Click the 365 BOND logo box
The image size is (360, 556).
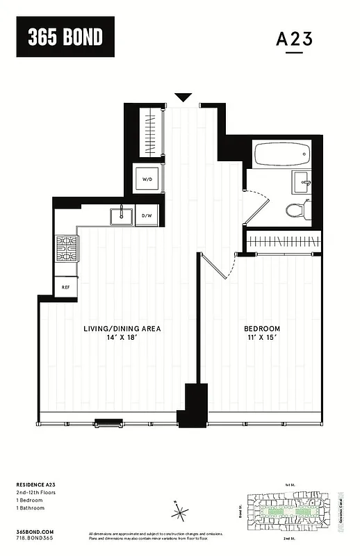pyautogui.click(x=65, y=37)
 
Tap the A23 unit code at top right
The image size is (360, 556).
pyautogui.click(x=294, y=40)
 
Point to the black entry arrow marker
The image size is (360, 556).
pyautogui.click(x=183, y=97)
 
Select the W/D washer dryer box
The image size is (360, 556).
pyautogui.click(x=147, y=179)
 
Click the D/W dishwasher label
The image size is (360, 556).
pyautogui.click(x=147, y=216)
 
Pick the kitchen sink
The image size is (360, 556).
pyautogui.click(x=121, y=215)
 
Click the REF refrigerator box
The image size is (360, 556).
pyautogui.click(x=66, y=286)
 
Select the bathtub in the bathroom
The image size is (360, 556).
pyautogui.click(x=283, y=153)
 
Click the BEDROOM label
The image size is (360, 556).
pyautogui.click(x=262, y=328)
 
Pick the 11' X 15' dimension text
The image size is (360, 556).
pyautogui.click(x=262, y=338)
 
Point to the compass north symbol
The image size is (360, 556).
pyautogui.click(x=181, y=513)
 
